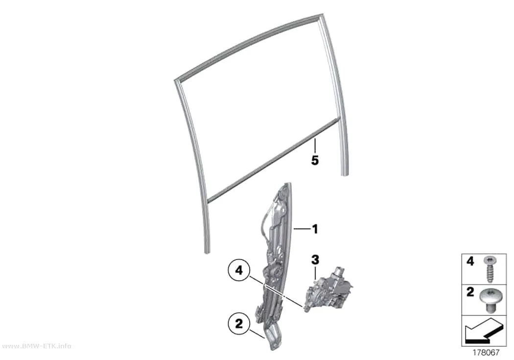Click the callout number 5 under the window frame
pos(315,160)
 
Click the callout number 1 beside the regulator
pos(315,229)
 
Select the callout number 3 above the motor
pos(315,260)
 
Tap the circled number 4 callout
pos(239,271)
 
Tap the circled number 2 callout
pos(239,324)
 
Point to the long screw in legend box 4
pos(490,269)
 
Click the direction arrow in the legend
pos(483,331)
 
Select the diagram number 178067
pos(486,353)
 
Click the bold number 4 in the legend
pos(470,262)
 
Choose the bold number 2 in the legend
pos(470,292)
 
